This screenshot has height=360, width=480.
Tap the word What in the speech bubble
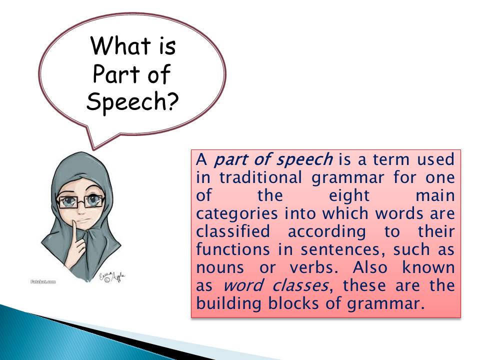[x=120, y=46]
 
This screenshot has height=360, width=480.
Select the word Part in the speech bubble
[x=116, y=74]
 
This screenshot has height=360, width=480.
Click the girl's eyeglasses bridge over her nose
[x=81, y=201]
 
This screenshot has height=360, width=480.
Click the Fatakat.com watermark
[x=43, y=281]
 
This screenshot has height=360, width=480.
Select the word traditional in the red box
[x=260, y=177]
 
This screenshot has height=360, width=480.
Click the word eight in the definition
[x=349, y=196]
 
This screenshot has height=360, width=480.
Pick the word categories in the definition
[x=236, y=214]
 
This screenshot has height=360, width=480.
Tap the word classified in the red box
[x=233, y=231]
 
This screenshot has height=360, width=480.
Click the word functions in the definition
[x=233, y=249]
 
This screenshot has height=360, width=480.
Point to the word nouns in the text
[x=220, y=268]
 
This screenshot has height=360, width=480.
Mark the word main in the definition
[x=435, y=195]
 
